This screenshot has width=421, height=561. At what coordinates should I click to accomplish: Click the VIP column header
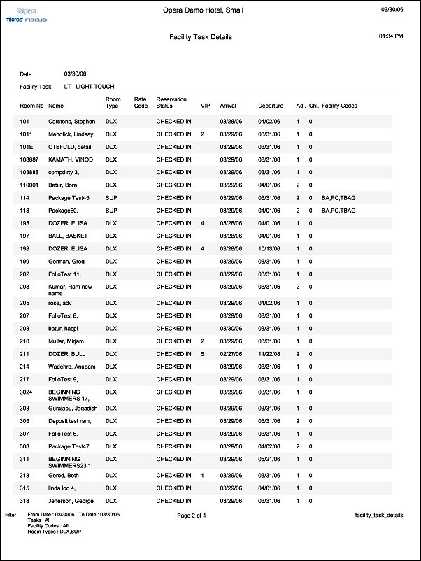pos(205,106)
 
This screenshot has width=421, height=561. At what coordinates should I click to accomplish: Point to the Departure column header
pos(271,106)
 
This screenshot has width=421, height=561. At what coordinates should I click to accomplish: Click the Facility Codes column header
pos(340,106)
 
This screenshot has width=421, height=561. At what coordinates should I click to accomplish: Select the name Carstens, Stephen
pos(71,122)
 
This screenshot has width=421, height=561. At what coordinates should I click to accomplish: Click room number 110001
pos(31,185)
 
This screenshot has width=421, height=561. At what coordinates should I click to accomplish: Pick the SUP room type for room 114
pos(110,198)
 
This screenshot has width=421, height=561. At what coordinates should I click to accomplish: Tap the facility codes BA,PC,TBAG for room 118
pos(338,210)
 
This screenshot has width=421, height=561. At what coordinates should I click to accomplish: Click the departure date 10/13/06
pos(269,248)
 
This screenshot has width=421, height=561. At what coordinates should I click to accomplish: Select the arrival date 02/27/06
pos(231,354)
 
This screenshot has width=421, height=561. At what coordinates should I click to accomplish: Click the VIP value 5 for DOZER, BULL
pos(202,354)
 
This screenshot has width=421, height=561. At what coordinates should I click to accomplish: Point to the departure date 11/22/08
pos(269,354)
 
